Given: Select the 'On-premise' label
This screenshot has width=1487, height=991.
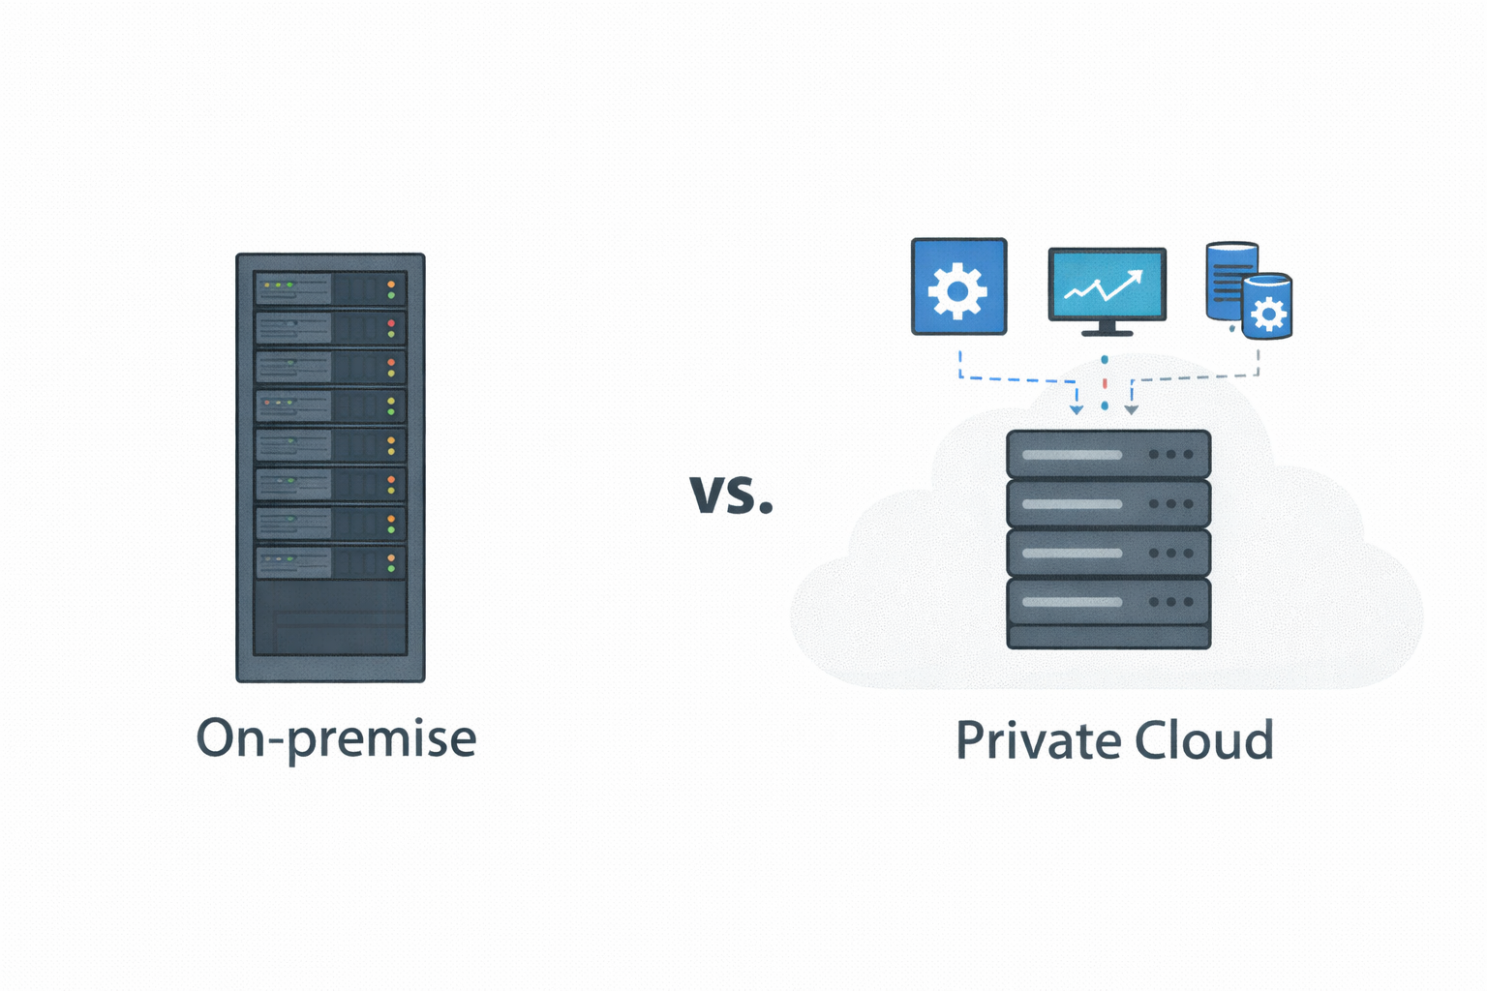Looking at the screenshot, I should pos(336,738).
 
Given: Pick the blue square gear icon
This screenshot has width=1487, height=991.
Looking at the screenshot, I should pos(958,287).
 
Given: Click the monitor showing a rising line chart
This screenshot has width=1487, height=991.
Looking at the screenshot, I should pos(1107,285).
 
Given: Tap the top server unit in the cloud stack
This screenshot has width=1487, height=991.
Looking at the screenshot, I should pos(1108,454).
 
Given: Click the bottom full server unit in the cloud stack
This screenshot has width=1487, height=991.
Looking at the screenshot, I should pos(1108,602).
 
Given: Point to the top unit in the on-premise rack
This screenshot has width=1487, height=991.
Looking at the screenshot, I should pos(330,288).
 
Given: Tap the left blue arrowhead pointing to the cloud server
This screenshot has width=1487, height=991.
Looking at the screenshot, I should pos(1077,410).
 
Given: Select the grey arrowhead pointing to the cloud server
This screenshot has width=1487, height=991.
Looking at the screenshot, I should pos(1131,410).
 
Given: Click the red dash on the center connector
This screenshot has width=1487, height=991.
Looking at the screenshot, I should pos(1105,383).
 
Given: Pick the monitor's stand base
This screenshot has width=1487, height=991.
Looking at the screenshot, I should pos(1107,332).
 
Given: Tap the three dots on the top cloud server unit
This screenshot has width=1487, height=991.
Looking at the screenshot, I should pos(1170,454).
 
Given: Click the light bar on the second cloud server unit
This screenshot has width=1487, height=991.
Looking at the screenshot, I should pos(1072,504).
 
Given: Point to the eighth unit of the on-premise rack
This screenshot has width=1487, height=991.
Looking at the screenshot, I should pos(330,562).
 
